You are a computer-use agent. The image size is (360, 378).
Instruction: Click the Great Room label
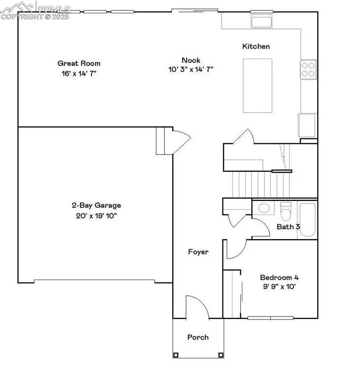(79, 63)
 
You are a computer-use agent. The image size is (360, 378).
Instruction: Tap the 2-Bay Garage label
(96, 205)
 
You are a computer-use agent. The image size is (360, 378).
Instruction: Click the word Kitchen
(256, 46)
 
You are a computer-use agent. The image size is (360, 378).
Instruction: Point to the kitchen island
(258, 85)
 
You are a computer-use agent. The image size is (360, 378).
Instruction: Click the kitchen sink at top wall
(262, 21)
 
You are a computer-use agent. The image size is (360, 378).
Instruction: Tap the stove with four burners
(308, 69)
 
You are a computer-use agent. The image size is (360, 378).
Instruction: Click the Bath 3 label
(288, 227)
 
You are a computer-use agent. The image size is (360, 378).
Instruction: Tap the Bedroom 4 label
(279, 277)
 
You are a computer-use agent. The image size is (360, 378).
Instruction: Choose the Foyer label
(198, 252)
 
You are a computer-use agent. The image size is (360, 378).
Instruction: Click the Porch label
(198, 337)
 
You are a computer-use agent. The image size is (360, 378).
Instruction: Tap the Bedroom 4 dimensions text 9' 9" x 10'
(279, 285)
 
